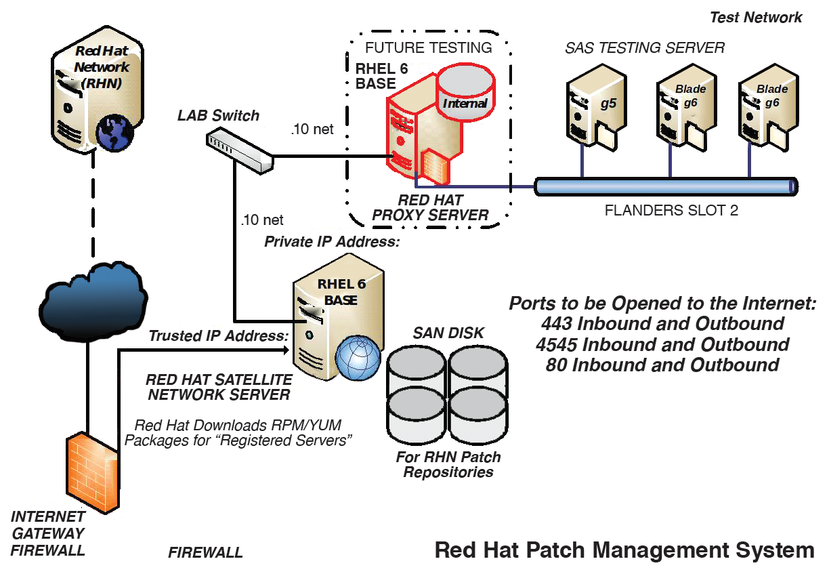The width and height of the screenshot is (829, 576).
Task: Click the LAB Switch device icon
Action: [x=240, y=151]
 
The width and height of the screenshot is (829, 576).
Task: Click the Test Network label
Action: [x=756, y=18]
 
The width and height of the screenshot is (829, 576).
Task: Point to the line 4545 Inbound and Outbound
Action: [x=662, y=345]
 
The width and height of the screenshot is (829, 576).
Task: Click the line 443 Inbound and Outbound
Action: [x=662, y=324]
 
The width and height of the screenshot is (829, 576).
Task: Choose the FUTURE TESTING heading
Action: [x=428, y=47]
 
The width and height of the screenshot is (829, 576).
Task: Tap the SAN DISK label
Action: [x=448, y=333]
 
